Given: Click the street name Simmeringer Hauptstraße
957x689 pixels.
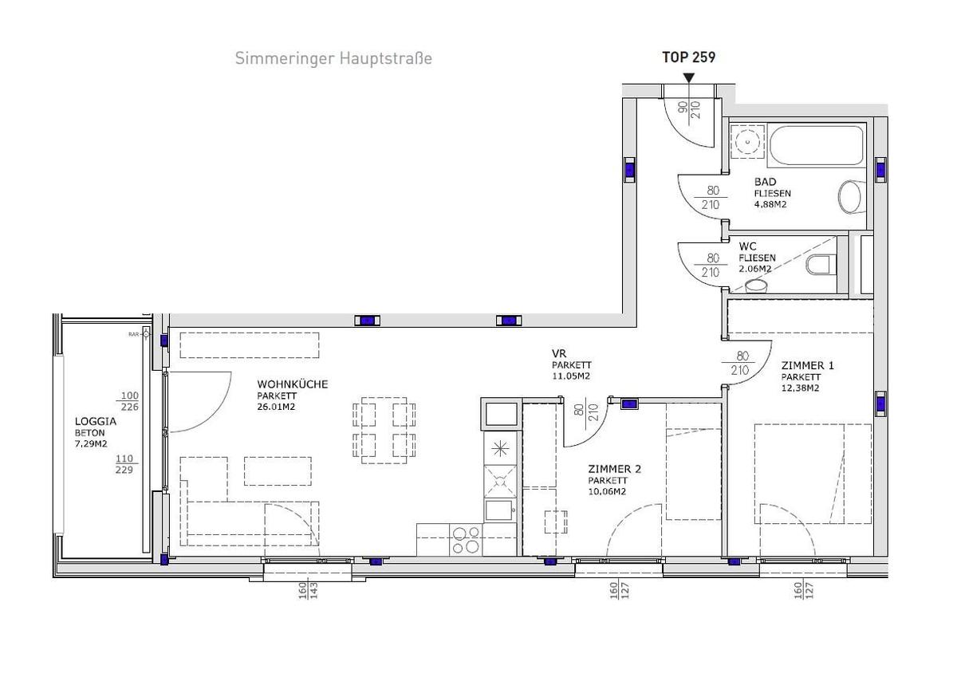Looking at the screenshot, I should tap(333, 58).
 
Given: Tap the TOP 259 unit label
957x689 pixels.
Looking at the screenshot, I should tap(689, 57).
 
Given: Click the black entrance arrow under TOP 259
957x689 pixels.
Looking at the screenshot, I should tap(689, 77).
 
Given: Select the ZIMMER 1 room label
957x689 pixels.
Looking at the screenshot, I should tap(807, 365).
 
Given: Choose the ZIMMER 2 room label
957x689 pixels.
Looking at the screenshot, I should tap(614, 469).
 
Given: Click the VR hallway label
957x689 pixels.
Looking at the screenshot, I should tap(558, 353).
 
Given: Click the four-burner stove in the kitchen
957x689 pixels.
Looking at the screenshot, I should tap(466, 539).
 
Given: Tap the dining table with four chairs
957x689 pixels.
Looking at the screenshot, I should tap(384, 431).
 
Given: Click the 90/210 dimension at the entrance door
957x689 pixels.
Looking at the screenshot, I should tap(688, 109).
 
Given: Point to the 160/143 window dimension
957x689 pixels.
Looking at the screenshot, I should tap(308, 591).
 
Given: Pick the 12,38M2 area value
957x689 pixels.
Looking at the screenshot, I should tap(801, 388).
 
